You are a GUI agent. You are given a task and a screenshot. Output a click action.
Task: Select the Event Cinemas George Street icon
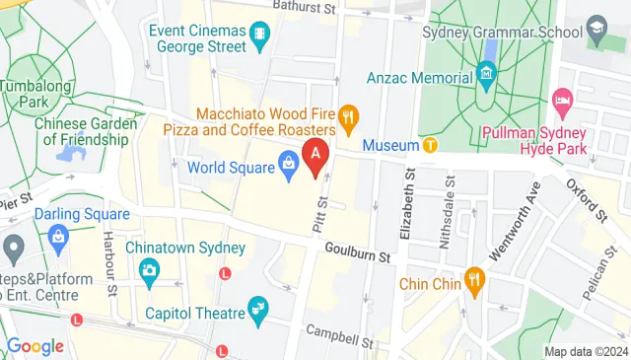coord(259,36)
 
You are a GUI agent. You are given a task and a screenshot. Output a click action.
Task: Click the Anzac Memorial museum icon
coord(485,72)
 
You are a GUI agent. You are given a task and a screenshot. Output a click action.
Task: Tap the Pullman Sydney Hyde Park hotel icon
coord(562,99)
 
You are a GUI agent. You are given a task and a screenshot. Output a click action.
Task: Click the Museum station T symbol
coord(430,146)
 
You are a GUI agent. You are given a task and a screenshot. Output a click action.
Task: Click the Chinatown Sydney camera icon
coord(149,269)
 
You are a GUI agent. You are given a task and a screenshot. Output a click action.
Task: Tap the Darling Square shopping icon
coord(58,237)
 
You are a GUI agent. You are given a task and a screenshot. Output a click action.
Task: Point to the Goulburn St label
coord(359,253)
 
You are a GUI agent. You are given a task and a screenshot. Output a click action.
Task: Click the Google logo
coord(35,346)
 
